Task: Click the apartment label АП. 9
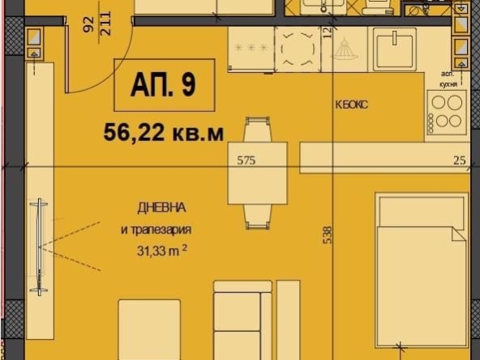coord(164,85)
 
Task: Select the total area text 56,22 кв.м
coord(164,131)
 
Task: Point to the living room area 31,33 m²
coord(162,250)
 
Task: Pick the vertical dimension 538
coord(328,235)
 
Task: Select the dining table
coord(257,171)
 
